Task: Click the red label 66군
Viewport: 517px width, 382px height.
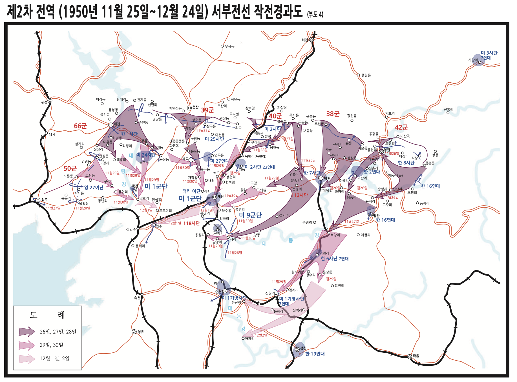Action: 80,126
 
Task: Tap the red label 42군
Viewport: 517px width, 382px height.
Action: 401,127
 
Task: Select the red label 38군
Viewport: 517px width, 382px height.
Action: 333,114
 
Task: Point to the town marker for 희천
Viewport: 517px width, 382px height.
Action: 311,40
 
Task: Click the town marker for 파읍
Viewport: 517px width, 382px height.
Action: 410,357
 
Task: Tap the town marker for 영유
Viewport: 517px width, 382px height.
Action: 134,332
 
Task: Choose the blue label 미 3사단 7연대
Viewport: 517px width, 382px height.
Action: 489,55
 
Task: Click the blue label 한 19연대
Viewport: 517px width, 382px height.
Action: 315,354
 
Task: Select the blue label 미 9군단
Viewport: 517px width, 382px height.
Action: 250,215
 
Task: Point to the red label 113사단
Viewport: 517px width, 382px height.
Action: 300,195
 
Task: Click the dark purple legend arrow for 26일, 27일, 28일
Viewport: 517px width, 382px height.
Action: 27,332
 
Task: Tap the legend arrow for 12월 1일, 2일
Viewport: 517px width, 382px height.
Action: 27,359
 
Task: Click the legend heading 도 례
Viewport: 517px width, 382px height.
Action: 47,315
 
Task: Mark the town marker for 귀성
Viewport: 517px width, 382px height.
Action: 50,101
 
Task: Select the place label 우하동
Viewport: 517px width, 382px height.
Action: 229,46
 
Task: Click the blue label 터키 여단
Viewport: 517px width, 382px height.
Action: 191,191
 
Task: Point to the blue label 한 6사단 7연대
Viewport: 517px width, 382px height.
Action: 335,259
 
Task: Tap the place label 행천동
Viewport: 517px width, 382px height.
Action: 366,75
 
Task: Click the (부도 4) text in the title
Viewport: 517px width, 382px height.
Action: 315,14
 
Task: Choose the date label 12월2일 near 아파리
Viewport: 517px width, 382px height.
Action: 261,335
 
